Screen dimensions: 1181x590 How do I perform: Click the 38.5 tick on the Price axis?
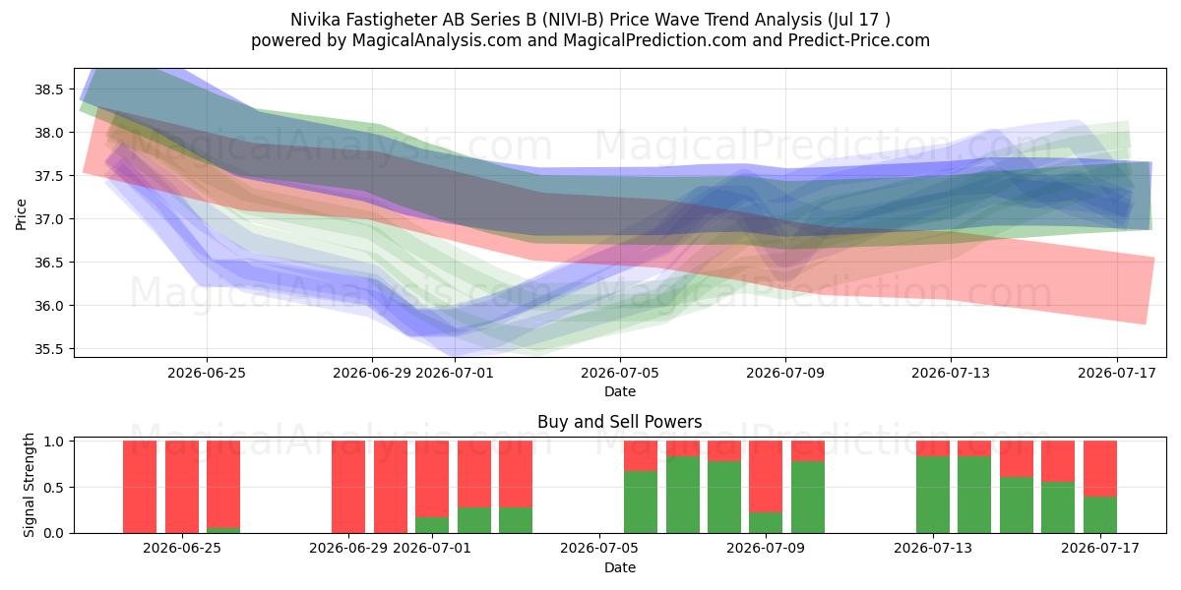tap(48, 89)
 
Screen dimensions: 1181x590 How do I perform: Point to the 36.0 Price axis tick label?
tap(48, 306)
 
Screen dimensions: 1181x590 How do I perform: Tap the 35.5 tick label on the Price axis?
tap(48, 349)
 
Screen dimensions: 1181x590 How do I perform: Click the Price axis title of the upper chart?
tap(21, 214)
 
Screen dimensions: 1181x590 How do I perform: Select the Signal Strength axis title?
tap(29, 485)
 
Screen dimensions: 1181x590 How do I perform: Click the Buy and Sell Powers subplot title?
tap(619, 422)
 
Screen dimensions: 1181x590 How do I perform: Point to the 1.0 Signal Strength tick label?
tap(54, 442)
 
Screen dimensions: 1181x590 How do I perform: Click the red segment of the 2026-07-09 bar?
tap(766, 476)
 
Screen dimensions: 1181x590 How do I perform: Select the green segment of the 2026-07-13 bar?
tap(933, 495)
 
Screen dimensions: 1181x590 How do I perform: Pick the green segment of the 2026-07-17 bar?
tap(1100, 514)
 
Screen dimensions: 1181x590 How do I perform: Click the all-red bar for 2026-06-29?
tap(348, 487)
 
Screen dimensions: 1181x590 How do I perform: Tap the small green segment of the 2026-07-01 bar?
tap(432, 525)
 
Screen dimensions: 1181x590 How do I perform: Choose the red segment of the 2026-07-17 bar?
tap(1100, 468)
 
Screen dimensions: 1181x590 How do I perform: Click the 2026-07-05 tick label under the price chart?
tap(620, 373)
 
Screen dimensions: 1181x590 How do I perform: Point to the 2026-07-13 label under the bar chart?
tap(933, 548)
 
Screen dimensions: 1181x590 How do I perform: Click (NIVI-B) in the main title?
tap(578, 20)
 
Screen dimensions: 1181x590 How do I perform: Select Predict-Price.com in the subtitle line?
tap(859, 40)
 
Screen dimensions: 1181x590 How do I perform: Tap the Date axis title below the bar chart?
tap(619, 567)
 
